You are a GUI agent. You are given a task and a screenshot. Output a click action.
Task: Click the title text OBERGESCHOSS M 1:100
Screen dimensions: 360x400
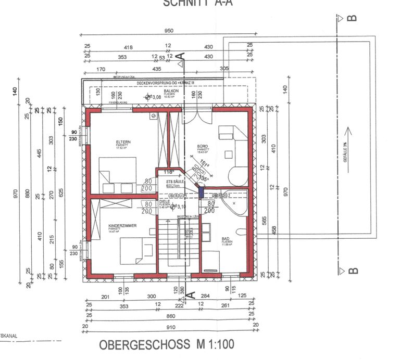click(x=167, y=344)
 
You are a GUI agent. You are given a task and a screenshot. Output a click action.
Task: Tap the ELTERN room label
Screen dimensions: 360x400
click(x=123, y=142)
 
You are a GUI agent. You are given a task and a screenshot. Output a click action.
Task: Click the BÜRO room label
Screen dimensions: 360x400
click(x=203, y=146)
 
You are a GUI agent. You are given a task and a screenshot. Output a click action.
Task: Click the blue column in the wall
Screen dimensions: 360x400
click(x=201, y=191)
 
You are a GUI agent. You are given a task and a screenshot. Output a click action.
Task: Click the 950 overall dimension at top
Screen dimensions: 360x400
click(x=168, y=31)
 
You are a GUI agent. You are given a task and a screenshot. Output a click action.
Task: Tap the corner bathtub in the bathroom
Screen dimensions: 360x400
click(x=233, y=204)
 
